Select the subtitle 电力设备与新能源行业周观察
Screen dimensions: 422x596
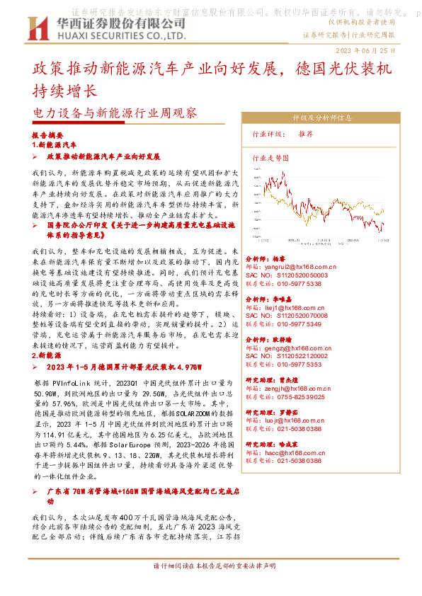pyautogui.click(x=115, y=112)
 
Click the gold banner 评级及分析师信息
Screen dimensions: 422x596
pyautogui.click(x=322, y=118)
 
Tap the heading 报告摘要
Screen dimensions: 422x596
pyautogui.click(x=48, y=134)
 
